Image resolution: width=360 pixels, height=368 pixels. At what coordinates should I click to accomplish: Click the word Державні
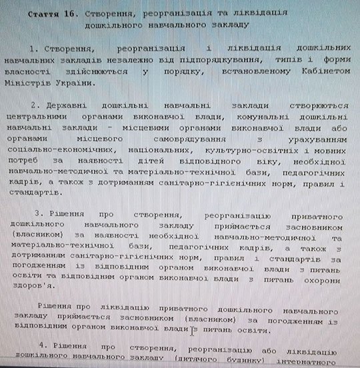(69, 105)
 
